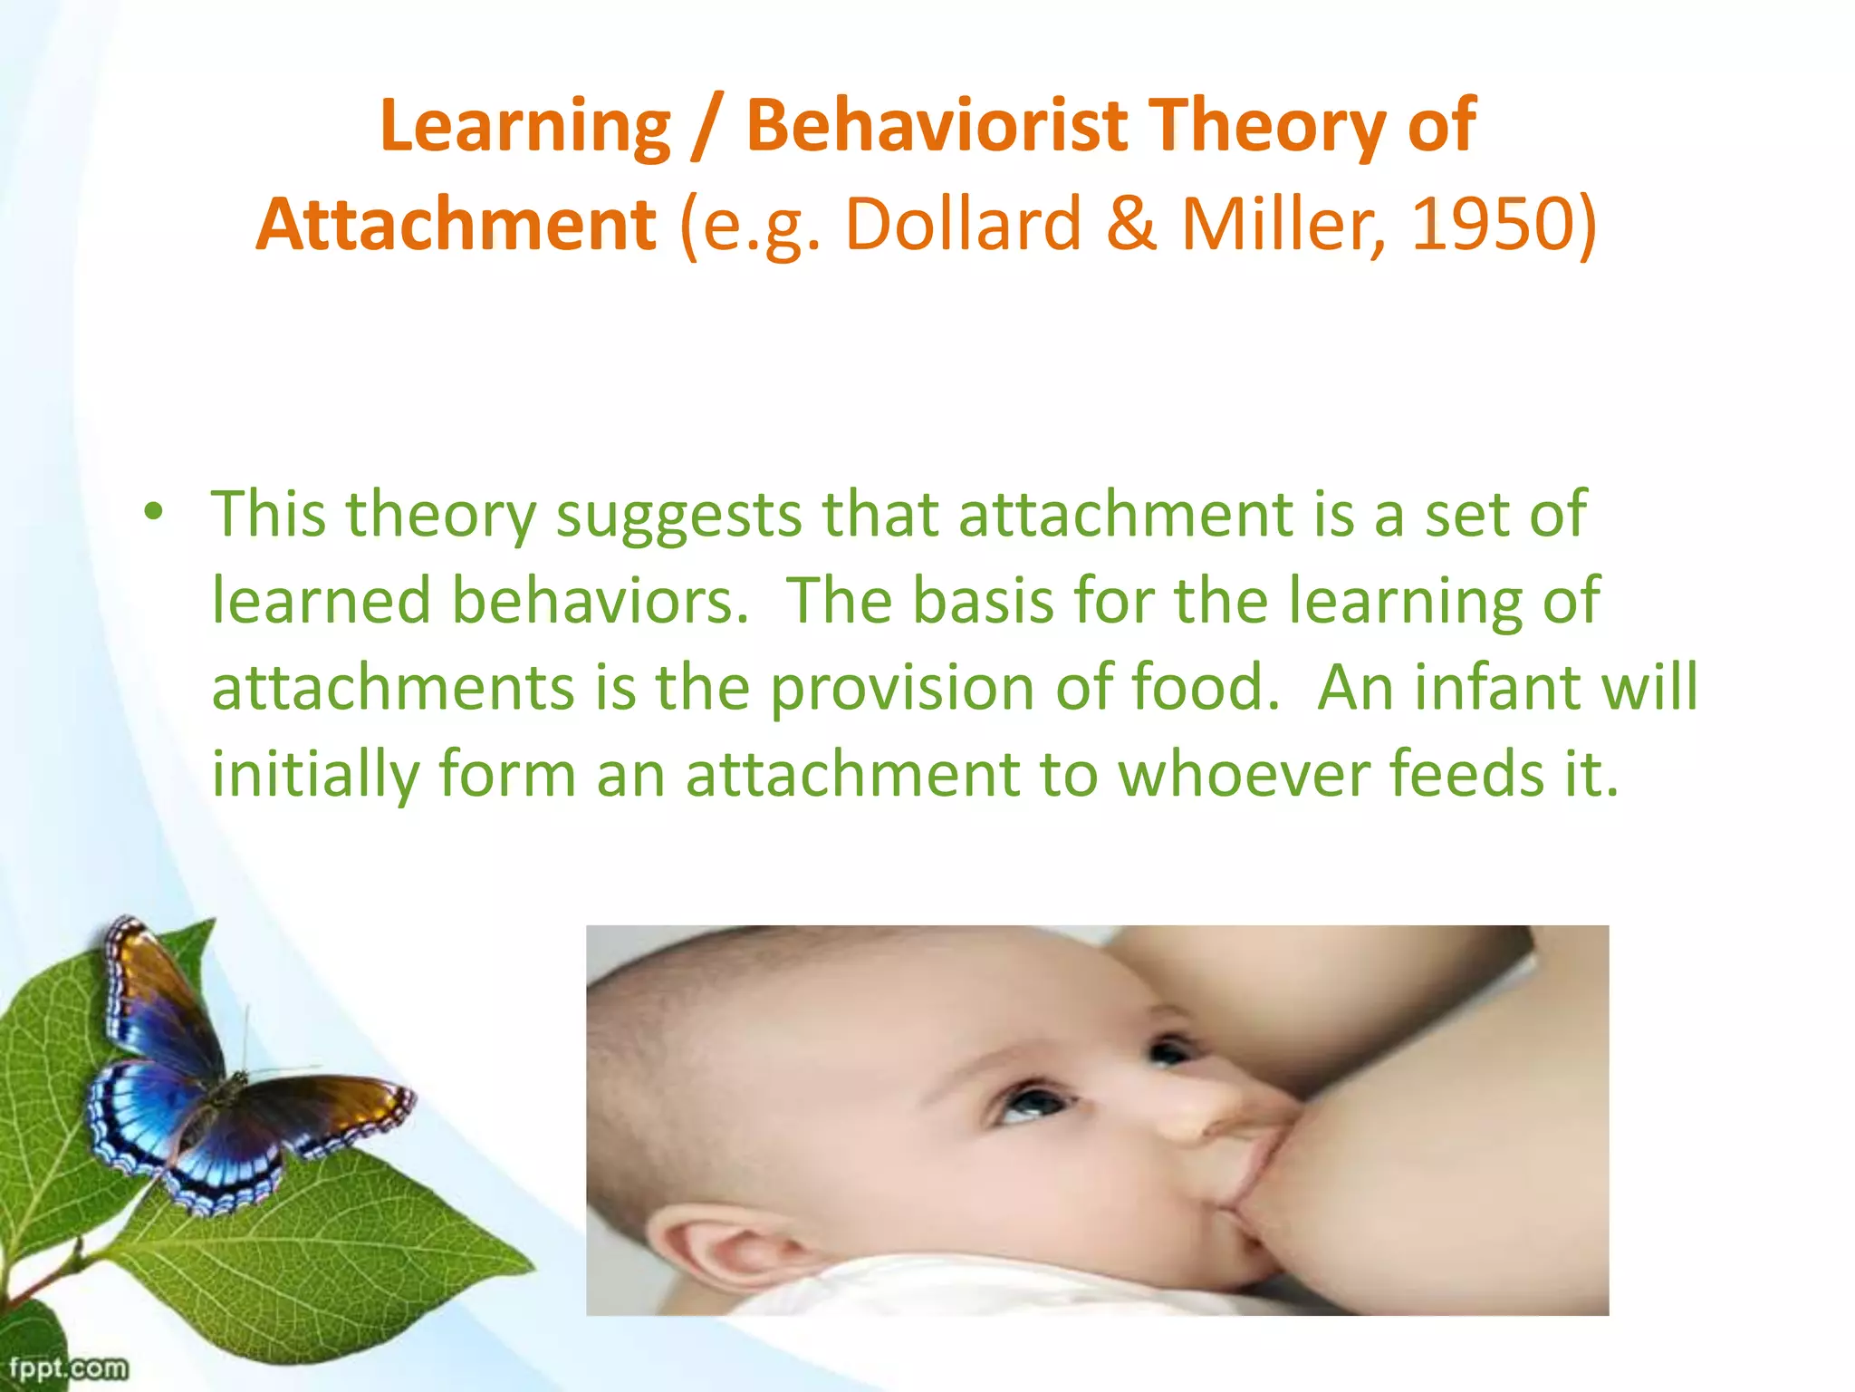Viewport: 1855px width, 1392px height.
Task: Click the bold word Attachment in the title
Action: coord(456,225)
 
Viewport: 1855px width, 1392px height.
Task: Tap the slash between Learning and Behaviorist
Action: coord(706,127)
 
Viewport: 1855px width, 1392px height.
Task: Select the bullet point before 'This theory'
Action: coord(154,513)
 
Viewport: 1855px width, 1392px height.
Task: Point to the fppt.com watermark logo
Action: coord(67,1368)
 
